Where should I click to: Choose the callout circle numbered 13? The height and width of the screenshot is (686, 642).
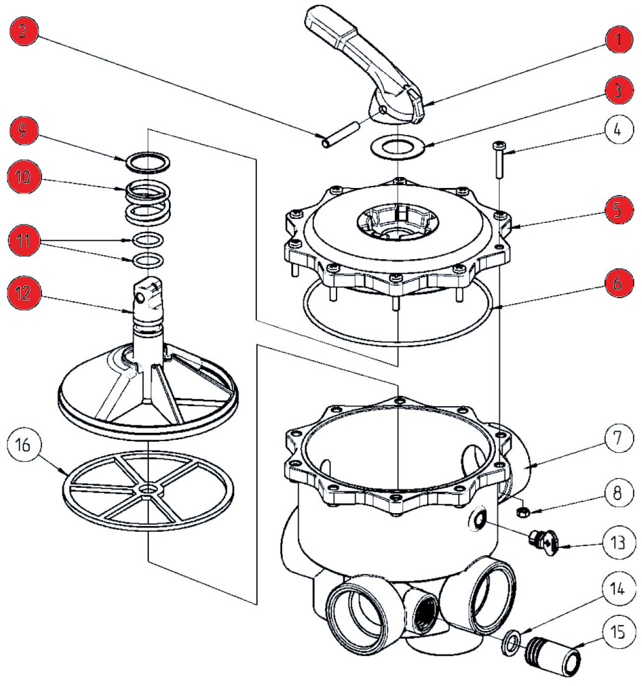pos(618,543)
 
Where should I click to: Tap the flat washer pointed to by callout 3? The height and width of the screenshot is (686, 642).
pos(398,147)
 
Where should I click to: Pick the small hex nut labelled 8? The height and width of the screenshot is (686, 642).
pos(522,511)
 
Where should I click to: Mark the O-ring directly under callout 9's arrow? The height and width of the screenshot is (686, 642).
pos(147,161)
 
